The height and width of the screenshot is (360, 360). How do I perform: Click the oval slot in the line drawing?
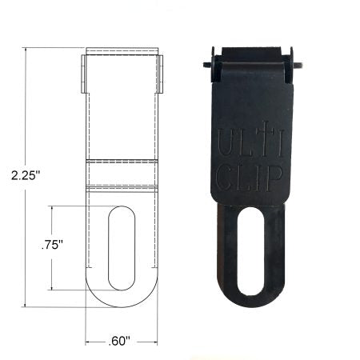[122, 248]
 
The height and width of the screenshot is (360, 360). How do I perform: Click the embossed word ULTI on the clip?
[250, 142]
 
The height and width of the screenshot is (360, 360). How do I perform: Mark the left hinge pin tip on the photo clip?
[206, 65]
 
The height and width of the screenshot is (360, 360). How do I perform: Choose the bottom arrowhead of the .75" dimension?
[53, 288]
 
